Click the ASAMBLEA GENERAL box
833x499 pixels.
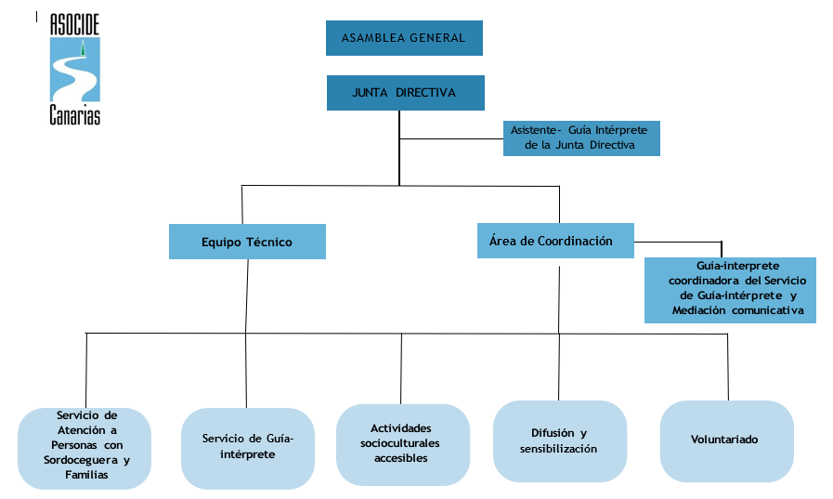point(404,38)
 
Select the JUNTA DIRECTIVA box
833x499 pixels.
point(405,93)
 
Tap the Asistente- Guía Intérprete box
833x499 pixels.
point(581,138)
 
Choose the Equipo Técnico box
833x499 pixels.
point(247,242)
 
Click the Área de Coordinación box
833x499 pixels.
point(555,241)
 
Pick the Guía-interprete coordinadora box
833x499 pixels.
point(730,290)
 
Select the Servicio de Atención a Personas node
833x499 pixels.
point(85,448)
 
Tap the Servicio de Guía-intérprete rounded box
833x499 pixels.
point(247,447)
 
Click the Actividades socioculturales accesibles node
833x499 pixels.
point(402,443)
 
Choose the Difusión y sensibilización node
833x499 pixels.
point(559,441)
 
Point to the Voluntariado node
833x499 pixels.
point(725,440)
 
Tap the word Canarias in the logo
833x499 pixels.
point(75,115)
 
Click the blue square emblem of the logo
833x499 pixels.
point(75,70)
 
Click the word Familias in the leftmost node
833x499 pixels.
point(86,475)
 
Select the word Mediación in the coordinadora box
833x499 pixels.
point(702,310)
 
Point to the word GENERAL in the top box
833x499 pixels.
point(437,39)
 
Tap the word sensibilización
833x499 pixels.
point(559,449)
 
